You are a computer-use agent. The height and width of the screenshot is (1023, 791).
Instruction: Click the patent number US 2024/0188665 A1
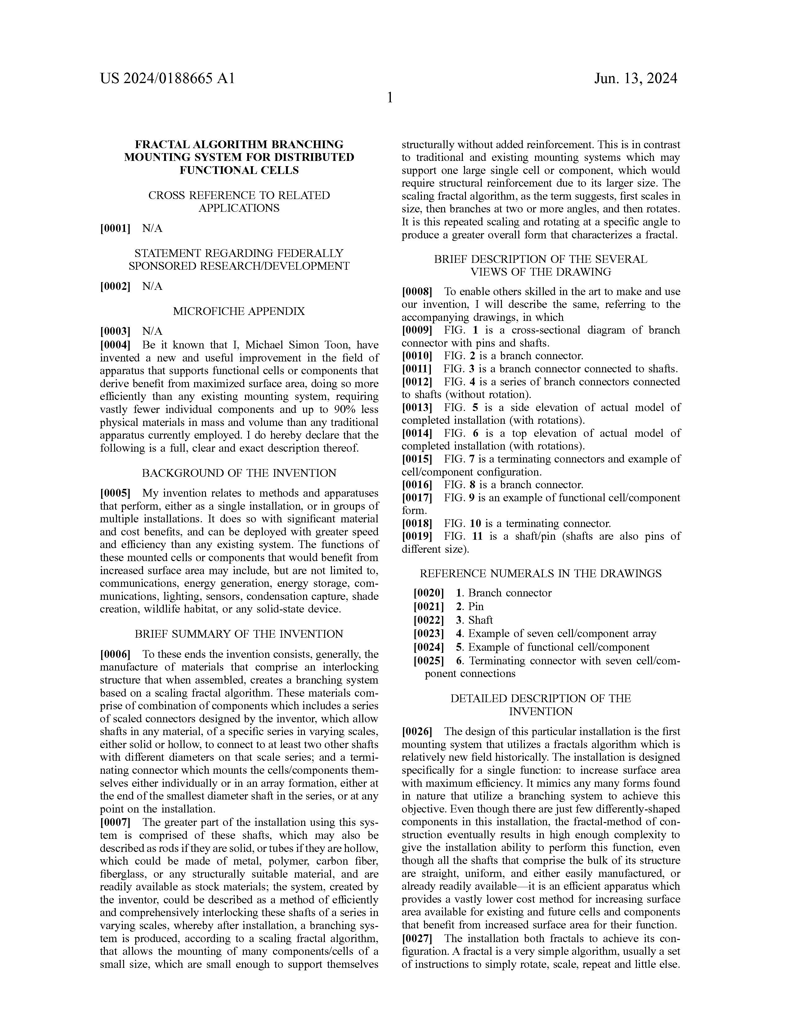pos(167,78)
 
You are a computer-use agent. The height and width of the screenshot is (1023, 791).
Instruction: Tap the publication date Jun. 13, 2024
pos(635,78)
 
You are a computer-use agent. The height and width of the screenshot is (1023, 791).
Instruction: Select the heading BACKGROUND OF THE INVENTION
pos(239,473)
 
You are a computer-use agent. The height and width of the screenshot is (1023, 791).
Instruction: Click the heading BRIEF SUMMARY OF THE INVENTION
pos(239,634)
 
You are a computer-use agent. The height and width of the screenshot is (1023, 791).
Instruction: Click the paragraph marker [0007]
pos(115,822)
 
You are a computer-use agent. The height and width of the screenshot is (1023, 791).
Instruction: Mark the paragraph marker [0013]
pos(417,408)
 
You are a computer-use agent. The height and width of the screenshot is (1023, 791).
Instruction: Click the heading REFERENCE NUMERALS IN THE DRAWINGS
pos(540,574)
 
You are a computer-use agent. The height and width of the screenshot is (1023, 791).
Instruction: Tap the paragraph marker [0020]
pos(428,593)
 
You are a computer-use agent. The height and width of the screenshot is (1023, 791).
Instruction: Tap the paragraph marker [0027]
pos(417,939)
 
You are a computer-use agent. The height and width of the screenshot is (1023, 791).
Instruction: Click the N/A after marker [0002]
pos(152,286)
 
